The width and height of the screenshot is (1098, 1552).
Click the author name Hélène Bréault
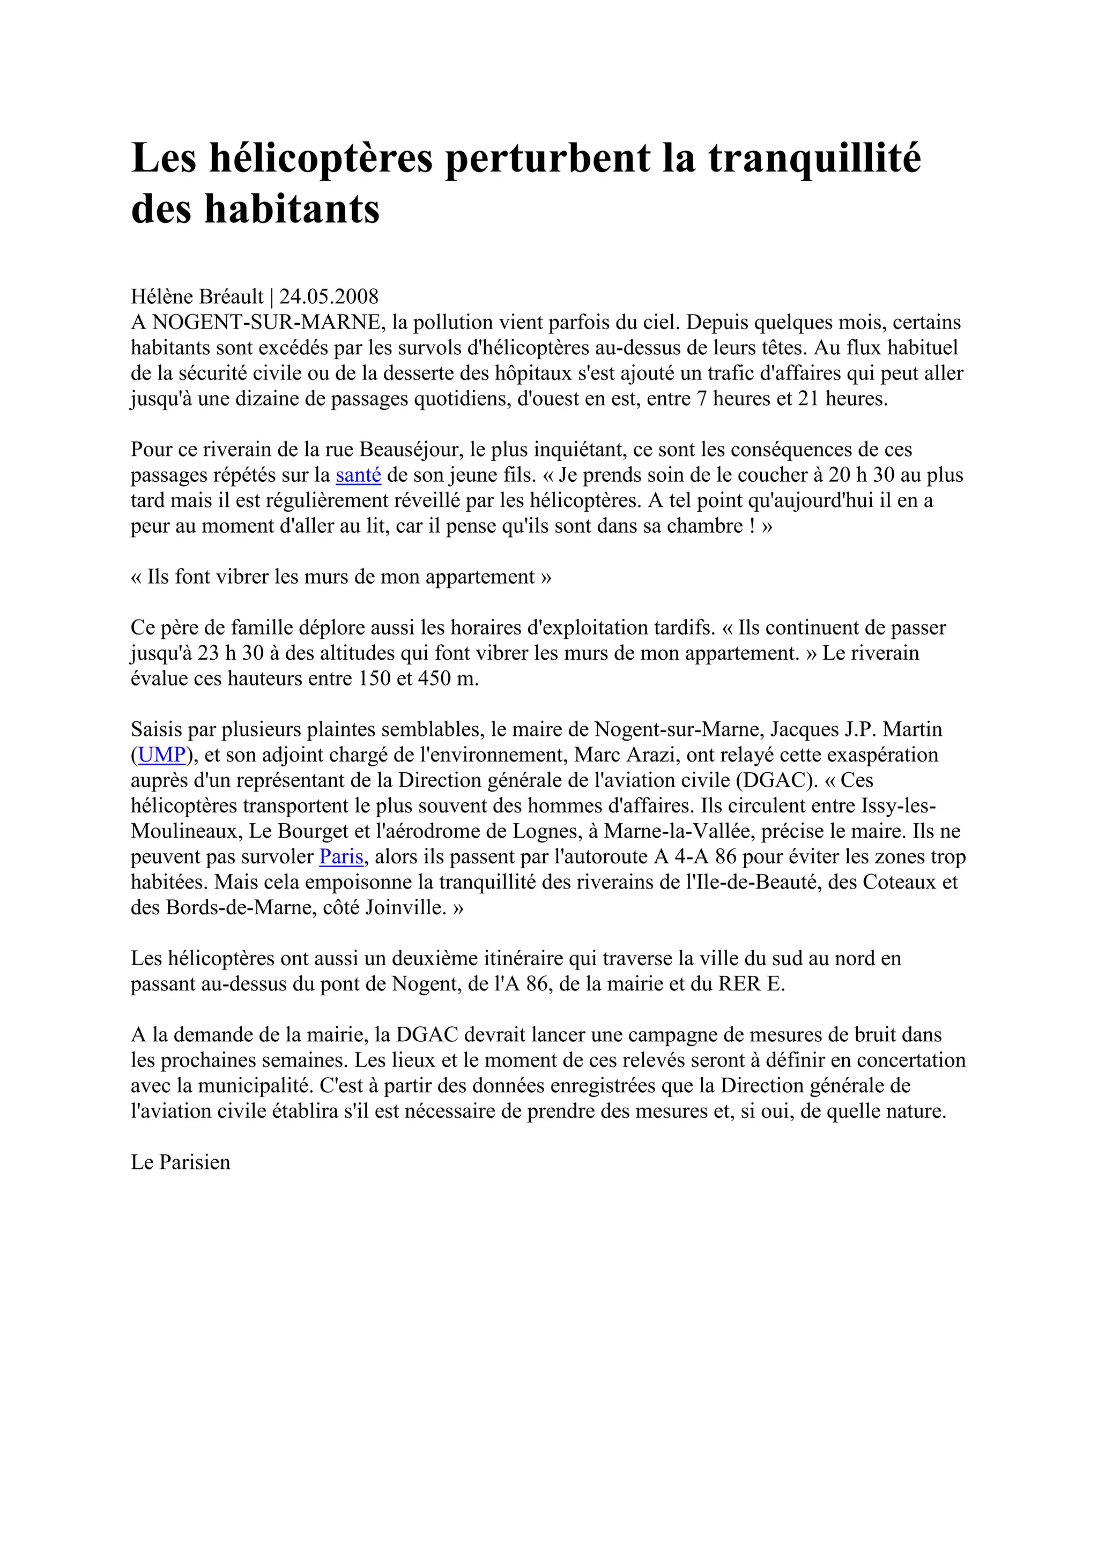[x=197, y=297]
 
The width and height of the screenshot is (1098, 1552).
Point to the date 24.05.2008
[x=329, y=297]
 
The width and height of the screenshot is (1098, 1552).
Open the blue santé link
[x=358, y=475]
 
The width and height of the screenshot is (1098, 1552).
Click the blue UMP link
[x=162, y=755]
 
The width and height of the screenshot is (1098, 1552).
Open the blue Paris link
[x=342, y=857]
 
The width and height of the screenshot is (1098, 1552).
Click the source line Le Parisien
[x=181, y=1162]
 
